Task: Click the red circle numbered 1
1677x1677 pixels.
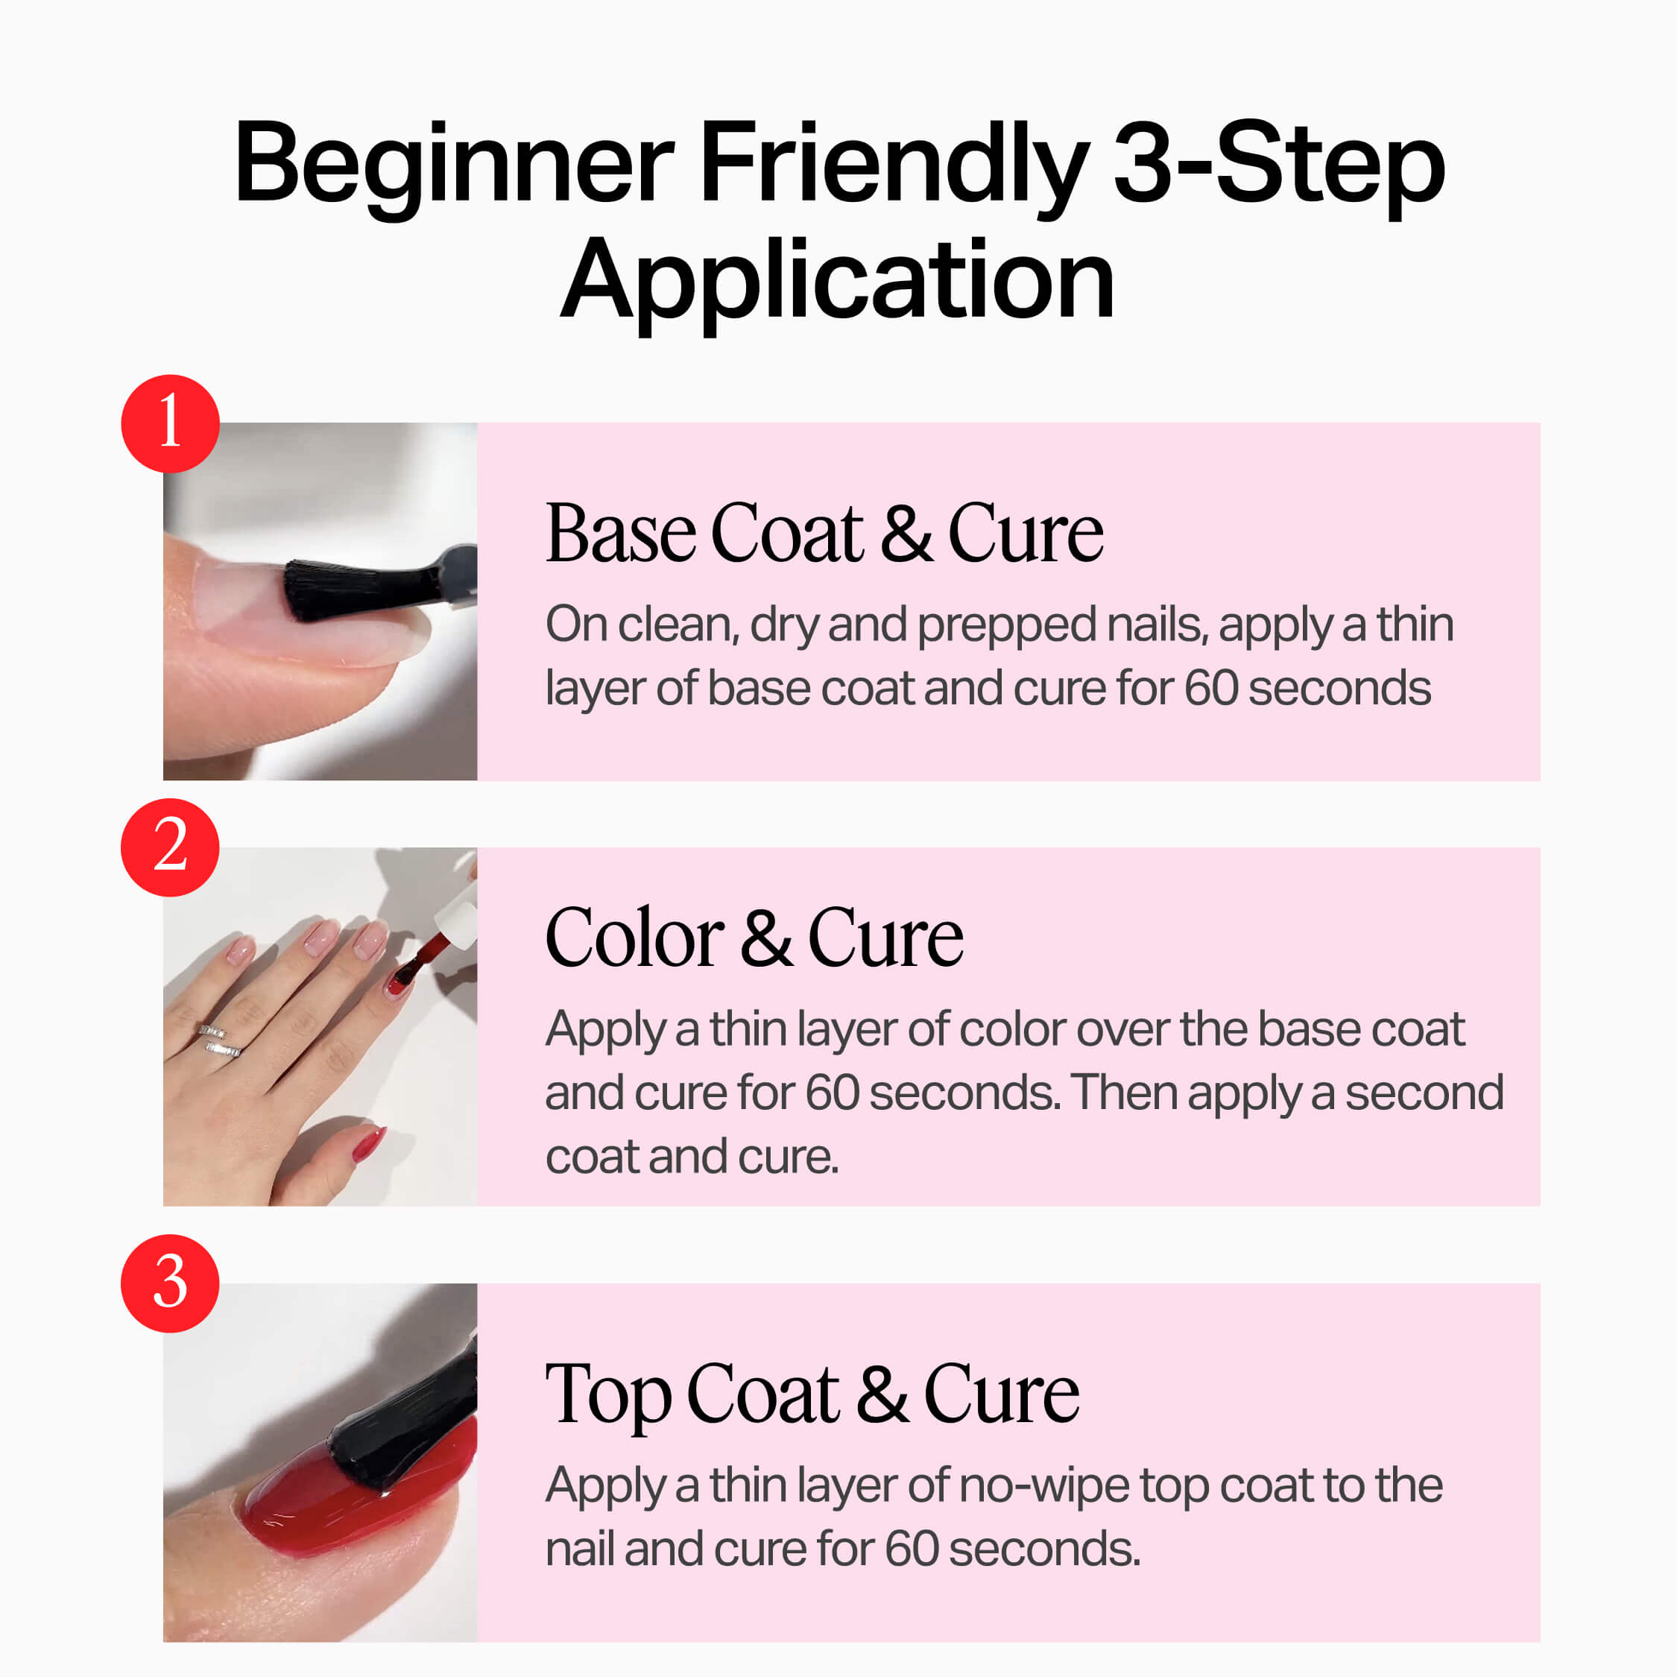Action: pyautogui.click(x=170, y=423)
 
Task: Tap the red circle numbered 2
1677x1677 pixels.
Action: pyautogui.click(x=170, y=847)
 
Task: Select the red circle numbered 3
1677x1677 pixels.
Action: pyautogui.click(x=170, y=1283)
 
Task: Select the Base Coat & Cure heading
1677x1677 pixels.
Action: pyautogui.click(x=824, y=533)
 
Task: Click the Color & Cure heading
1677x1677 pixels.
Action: pyautogui.click(x=754, y=938)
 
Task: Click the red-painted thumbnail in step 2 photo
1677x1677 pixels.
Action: pyautogui.click(x=369, y=1143)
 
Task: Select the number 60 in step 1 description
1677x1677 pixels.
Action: pyautogui.click(x=1211, y=689)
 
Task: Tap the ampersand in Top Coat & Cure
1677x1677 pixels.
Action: pyautogui.click(x=882, y=1395)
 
